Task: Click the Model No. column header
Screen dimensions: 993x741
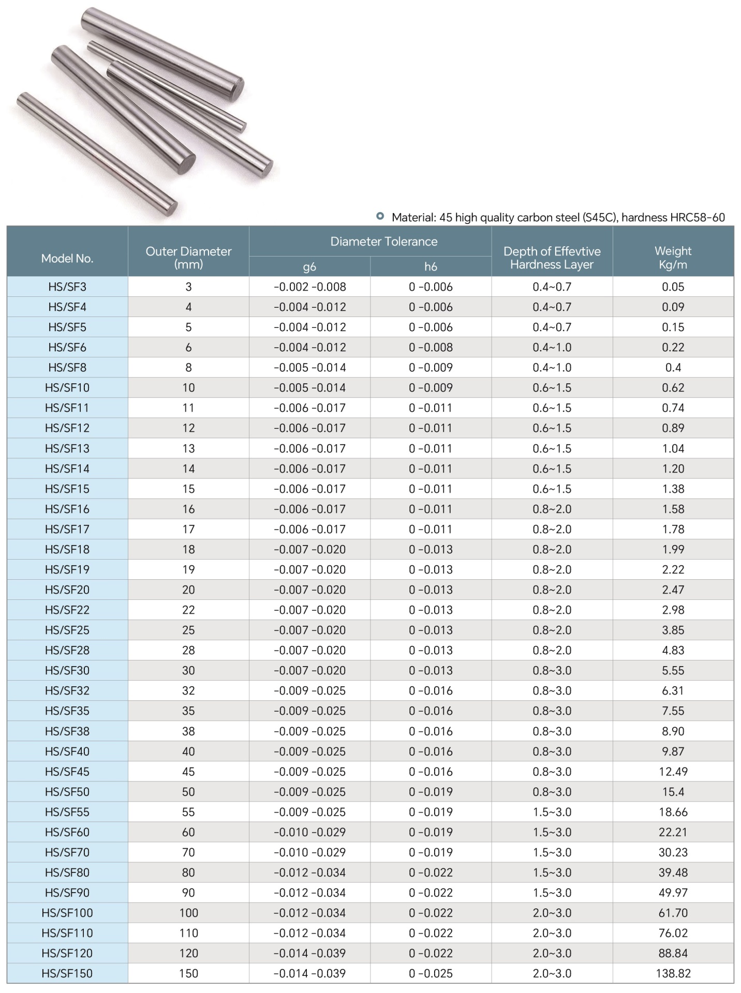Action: pyautogui.click(x=67, y=259)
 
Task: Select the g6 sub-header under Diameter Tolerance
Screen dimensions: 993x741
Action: pyautogui.click(x=309, y=267)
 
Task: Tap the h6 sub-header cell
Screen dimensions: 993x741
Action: pyautogui.click(x=431, y=267)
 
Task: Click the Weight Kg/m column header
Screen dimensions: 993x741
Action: pyautogui.click(x=673, y=258)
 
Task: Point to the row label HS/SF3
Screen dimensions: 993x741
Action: pyautogui.click(x=67, y=287)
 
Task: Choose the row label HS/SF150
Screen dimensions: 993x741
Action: pyautogui.click(x=67, y=973)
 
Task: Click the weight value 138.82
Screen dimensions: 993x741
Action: pyautogui.click(x=673, y=973)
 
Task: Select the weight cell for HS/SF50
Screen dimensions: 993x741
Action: pyautogui.click(x=673, y=792)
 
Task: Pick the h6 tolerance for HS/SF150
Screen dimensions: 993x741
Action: pyautogui.click(x=431, y=973)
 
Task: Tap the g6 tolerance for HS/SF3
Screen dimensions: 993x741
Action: pyautogui.click(x=309, y=287)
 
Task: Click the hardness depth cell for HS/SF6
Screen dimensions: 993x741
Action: pyautogui.click(x=552, y=348)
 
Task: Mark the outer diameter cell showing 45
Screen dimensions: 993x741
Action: pyautogui.click(x=188, y=772)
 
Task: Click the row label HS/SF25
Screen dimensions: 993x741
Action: pyautogui.click(x=67, y=630)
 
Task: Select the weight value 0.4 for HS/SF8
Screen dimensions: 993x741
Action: pyautogui.click(x=673, y=368)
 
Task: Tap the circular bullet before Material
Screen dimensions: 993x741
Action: pyautogui.click(x=380, y=216)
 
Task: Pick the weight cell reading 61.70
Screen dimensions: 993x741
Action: pyautogui.click(x=673, y=913)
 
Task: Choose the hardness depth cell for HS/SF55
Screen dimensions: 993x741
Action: pyautogui.click(x=552, y=812)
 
